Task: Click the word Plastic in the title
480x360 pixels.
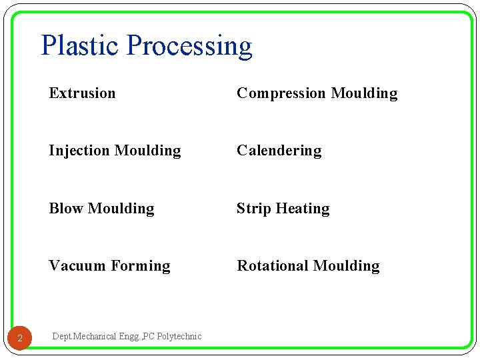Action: (x=81, y=46)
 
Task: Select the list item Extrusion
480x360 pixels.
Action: (x=82, y=93)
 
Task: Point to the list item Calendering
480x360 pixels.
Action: (x=279, y=151)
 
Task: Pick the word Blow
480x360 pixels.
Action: (x=66, y=209)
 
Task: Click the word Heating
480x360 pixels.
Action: (x=303, y=209)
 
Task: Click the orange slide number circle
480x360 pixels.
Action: (x=20, y=339)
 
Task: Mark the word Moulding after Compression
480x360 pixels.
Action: (x=364, y=94)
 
